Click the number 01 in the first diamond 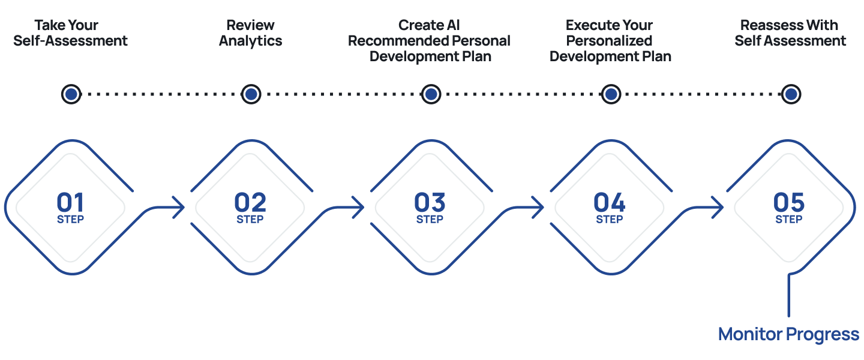(70, 202)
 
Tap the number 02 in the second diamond (250, 202)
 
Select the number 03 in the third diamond (430, 202)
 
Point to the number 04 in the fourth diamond (610, 202)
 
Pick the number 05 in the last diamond (789, 202)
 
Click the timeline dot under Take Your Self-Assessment (71, 94)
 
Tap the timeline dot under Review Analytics (251, 94)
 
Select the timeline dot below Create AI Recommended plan (431, 94)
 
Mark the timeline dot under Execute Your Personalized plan (611, 94)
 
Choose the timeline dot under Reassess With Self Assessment (791, 94)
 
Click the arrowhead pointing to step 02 (181, 208)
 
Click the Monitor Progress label (789, 335)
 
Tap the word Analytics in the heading (251, 41)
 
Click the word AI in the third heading (453, 25)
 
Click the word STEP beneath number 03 (430, 220)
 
